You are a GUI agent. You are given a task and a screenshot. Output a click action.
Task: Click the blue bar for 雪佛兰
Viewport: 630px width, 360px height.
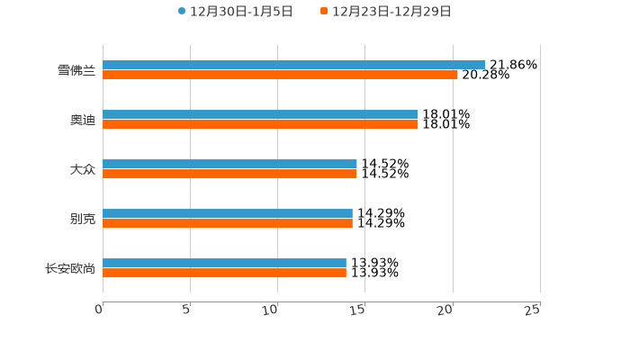pyautogui.click(x=293, y=65)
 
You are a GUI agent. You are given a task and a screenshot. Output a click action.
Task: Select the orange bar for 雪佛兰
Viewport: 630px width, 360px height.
pyautogui.click(x=280, y=75)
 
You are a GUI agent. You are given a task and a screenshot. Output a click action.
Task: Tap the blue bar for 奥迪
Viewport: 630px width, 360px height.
pyautogui.click(x=260, y=114)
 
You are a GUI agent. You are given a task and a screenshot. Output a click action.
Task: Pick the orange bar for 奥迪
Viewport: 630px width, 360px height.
pyautogui.click(x=260, y=124)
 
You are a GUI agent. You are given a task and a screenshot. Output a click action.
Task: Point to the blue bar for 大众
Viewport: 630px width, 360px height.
pyautogui.click(x=229, y=164)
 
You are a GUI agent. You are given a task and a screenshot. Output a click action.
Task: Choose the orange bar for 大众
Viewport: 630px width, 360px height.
pyautogui.click(x=229, y=174)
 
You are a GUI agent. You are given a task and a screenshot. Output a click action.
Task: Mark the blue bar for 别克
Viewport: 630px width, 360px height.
pyautogui.click(x=228, y=213)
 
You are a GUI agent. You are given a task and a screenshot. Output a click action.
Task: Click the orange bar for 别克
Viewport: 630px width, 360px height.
pyautogui.click(x=228, y=223)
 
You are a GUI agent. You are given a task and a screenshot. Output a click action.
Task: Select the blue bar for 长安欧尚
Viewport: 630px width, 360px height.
pyautogui.click(x=224, y=263)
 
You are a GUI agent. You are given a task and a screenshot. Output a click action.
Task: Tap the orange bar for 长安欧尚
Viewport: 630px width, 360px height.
pyautogui.click(x=224, y=273)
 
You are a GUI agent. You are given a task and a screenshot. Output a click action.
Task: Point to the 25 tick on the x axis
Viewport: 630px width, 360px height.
pyautogui.click(x=533, y=310)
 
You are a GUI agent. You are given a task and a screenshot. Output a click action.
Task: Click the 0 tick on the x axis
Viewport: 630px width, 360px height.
pyautogui.click(x=99, y=310)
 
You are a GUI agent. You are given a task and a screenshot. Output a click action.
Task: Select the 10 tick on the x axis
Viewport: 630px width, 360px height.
pyautogui.click(x=270, y=310)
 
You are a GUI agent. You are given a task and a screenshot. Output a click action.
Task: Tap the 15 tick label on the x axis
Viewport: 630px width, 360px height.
pyautogui.click(x=357, y=310)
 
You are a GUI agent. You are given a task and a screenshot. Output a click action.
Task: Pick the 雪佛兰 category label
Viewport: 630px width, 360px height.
pyautogui.click(x=76, y=70)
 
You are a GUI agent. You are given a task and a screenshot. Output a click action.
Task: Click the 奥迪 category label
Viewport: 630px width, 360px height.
pyautogui.click(x=82, y=120)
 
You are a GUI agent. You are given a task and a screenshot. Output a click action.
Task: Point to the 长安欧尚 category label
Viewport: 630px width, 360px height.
pyautogui.click(x=69, y=268)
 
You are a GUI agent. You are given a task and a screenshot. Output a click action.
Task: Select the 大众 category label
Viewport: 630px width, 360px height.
pyautogui.click(x=82, y=169)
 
